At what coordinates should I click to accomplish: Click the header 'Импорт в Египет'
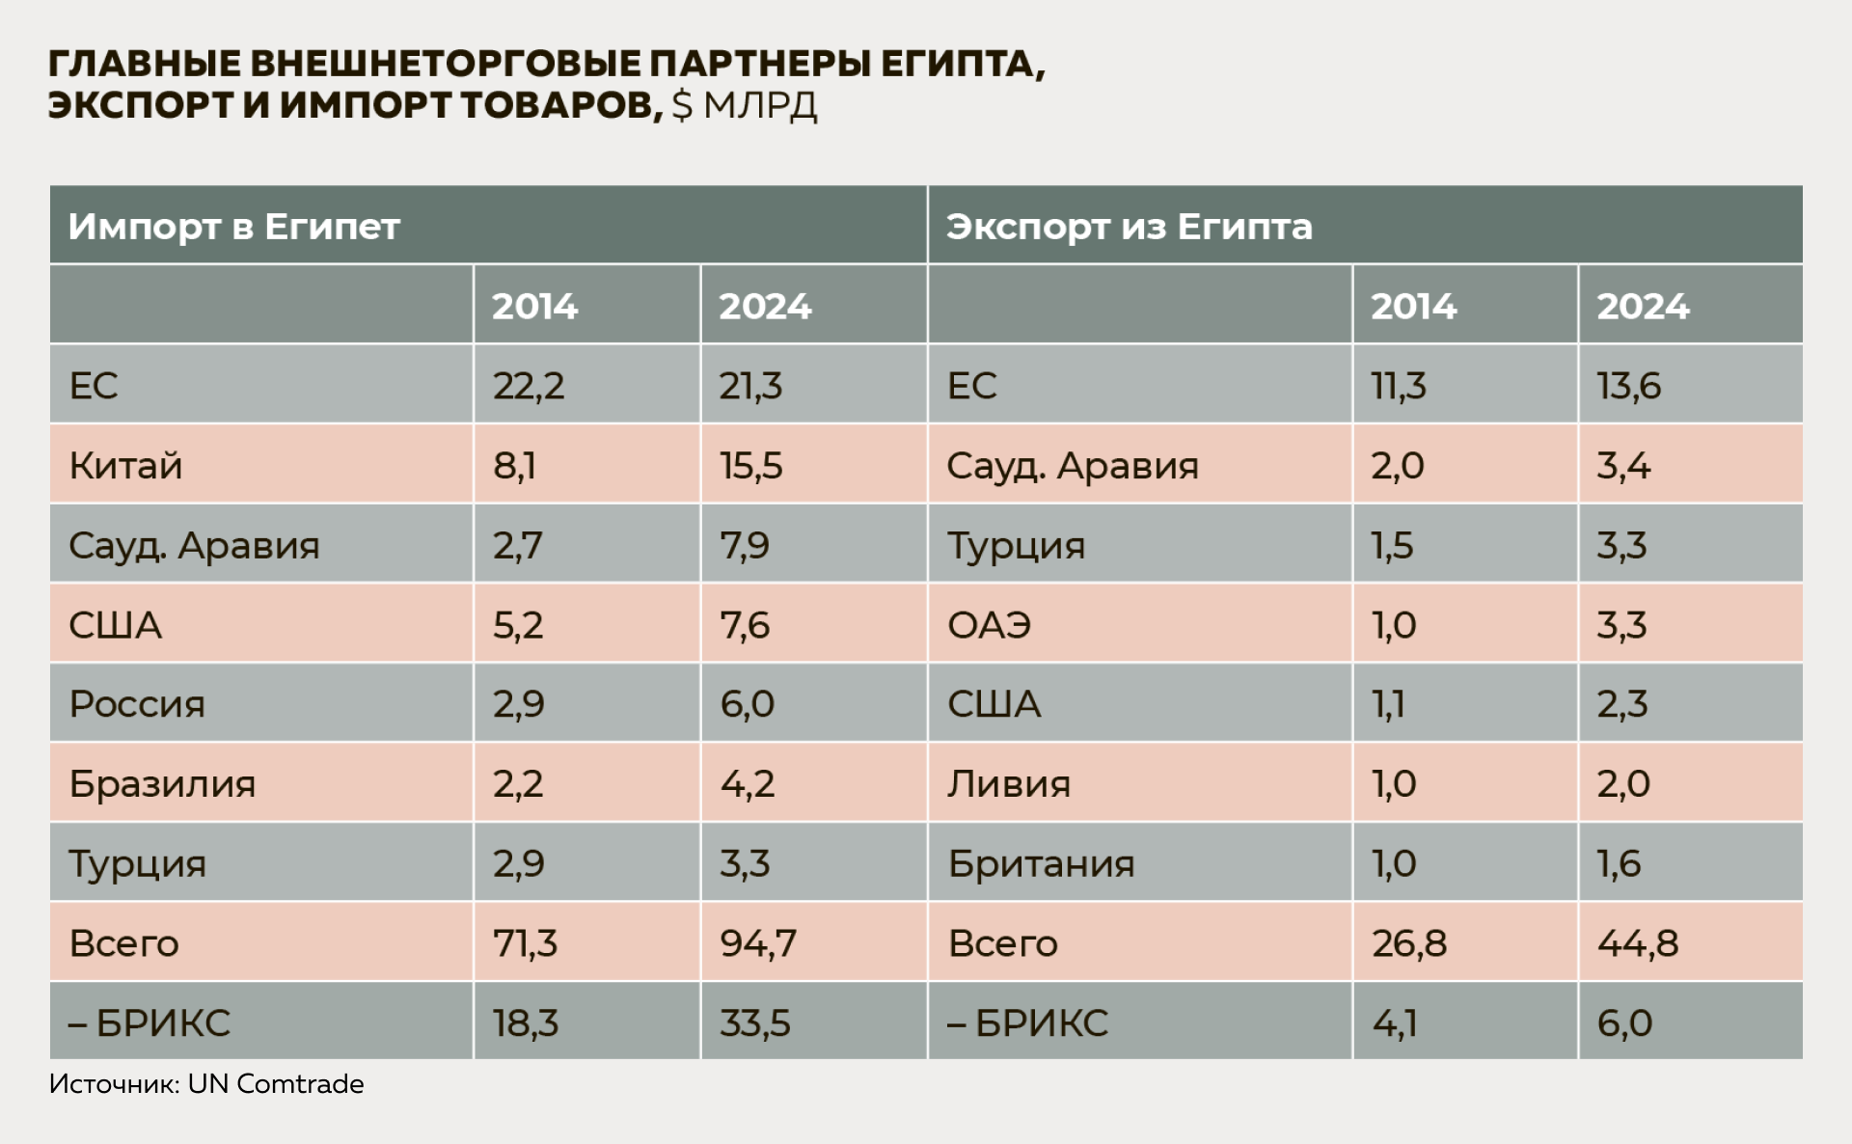(x=233, y=227)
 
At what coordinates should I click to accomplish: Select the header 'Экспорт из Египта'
(x=1129, y=227)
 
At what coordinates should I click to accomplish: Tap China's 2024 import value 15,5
(x=750, y=466)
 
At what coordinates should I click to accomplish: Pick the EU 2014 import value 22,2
(x=529, y=386)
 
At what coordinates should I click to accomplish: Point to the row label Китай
(x=125, y=466)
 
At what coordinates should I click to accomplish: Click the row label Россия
(x=137, y=704)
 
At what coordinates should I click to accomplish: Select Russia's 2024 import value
(x=747, y=704)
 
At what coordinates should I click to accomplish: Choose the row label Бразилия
(x=162, y=783)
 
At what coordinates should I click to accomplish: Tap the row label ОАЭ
(x=989, y=625)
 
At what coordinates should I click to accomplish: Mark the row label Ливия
(x=1008, y=783)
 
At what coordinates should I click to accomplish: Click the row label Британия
(x=1041, y=863)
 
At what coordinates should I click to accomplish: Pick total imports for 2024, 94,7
(x=758, y=942)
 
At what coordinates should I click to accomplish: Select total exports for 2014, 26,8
(x=1409, y=942)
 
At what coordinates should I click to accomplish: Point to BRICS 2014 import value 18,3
(x=526, y=1022)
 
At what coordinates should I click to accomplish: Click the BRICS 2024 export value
(x=1624, y=1022)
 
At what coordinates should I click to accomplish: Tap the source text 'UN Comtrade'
(x=276, y=1084)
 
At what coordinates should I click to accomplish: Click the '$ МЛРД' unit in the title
(x=745, y=105)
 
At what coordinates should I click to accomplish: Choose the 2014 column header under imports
(x=534, y=307)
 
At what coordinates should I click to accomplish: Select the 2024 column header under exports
(x=1643, y=307)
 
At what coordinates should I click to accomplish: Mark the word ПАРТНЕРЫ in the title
(x=759, y=64)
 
